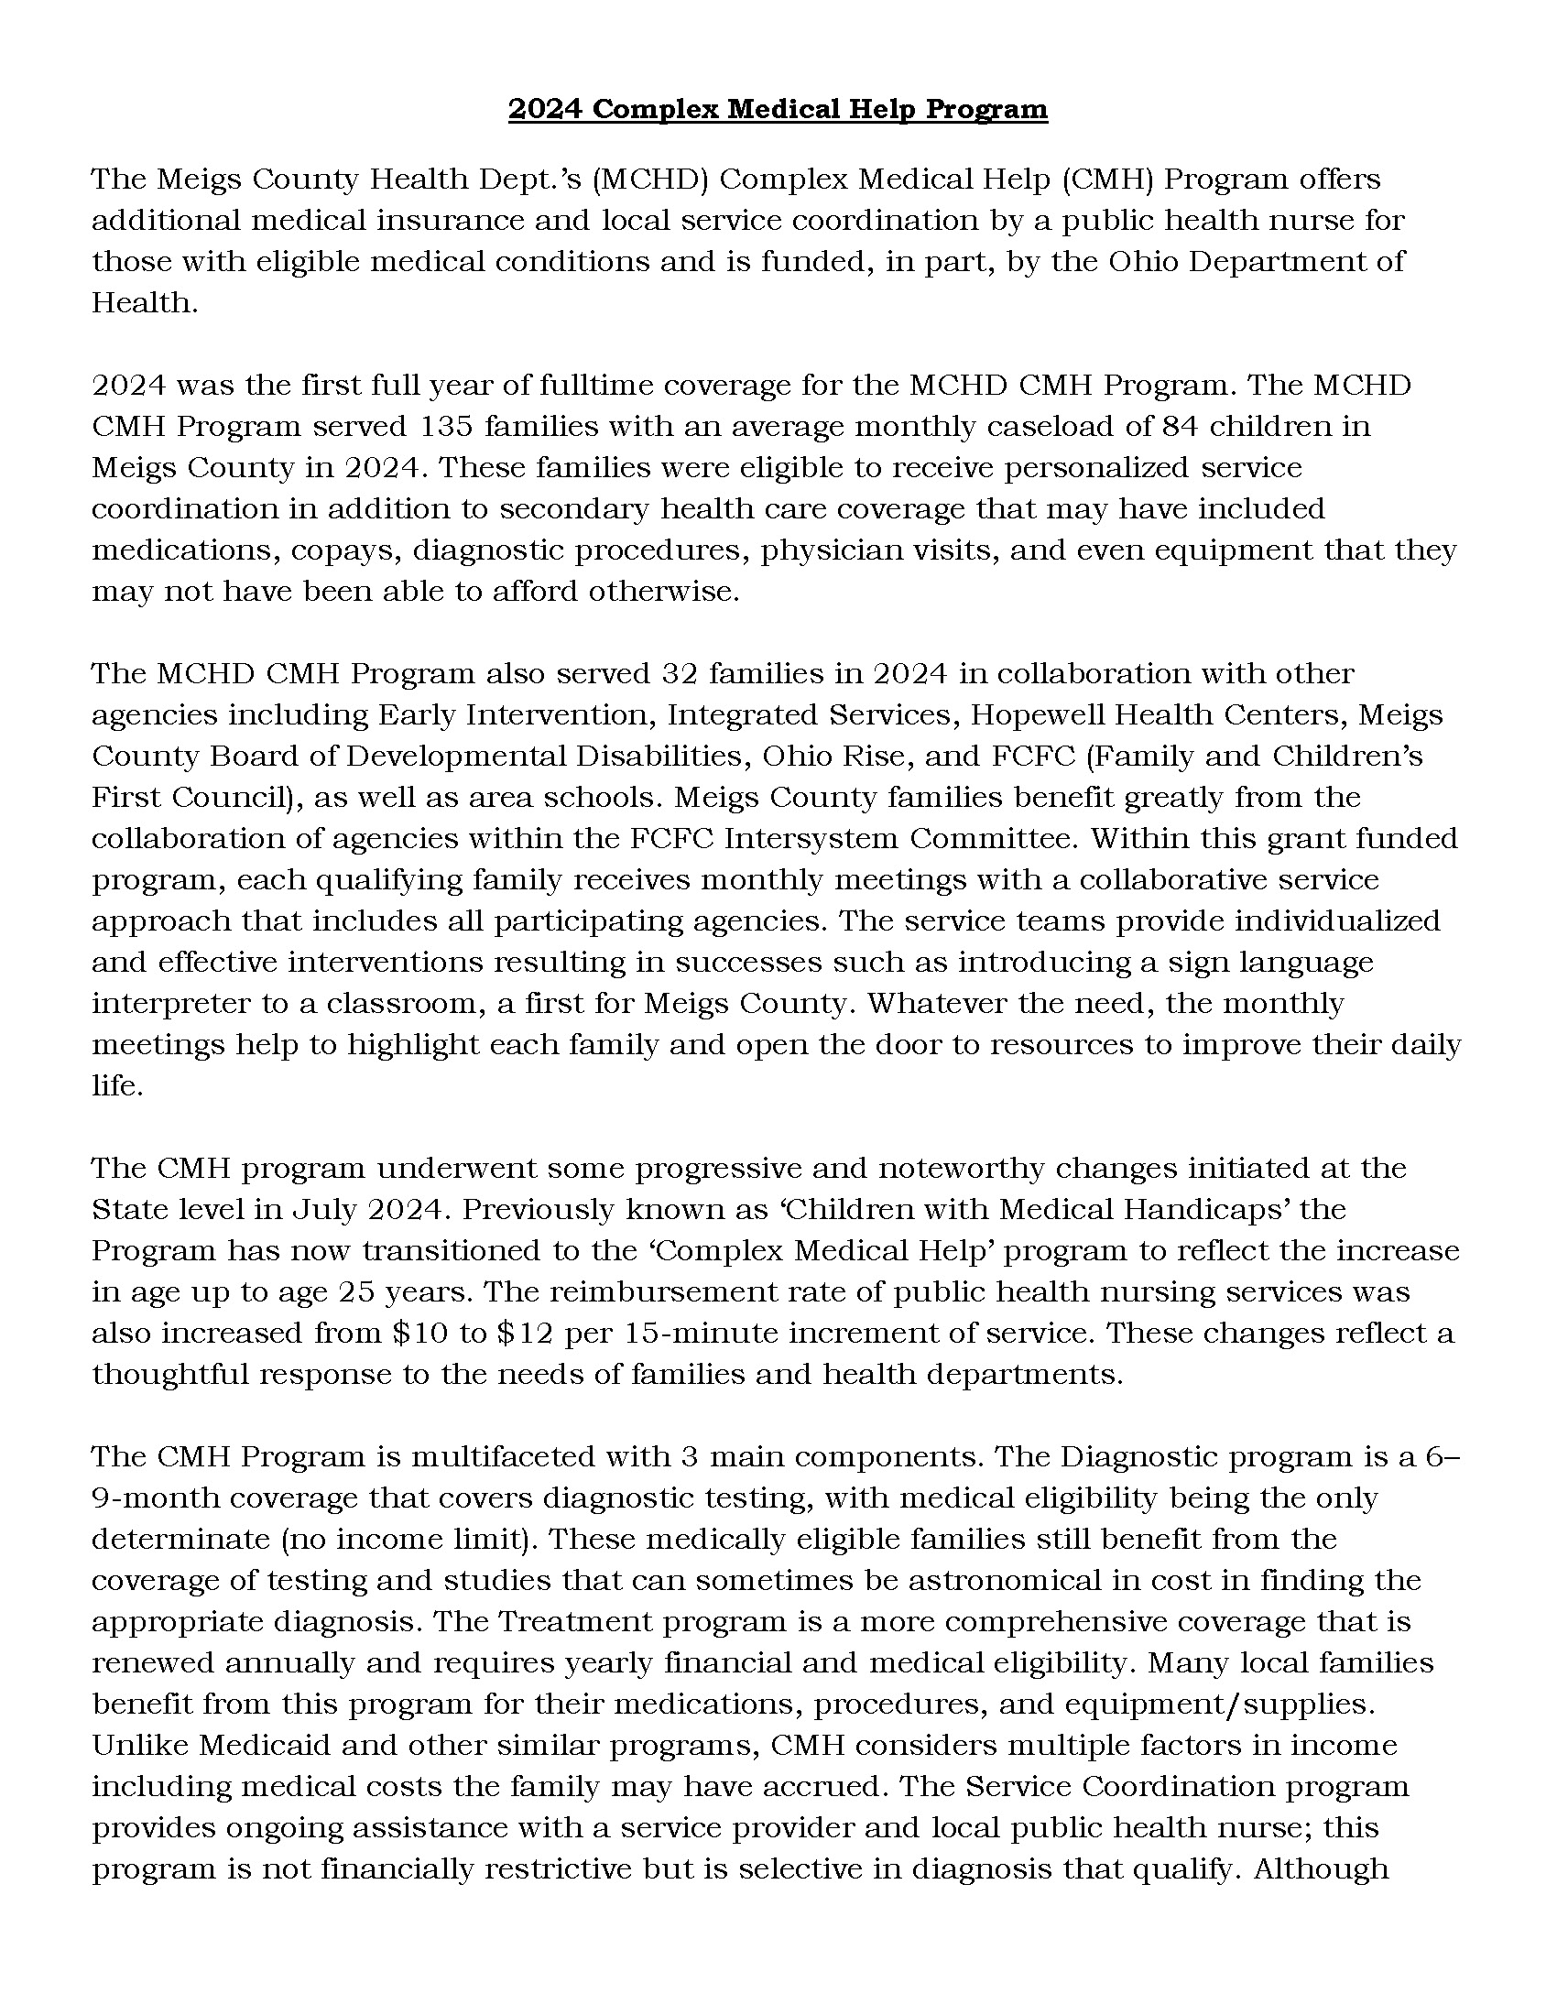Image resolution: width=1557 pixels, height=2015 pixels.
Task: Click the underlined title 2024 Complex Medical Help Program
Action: (778, 110)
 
